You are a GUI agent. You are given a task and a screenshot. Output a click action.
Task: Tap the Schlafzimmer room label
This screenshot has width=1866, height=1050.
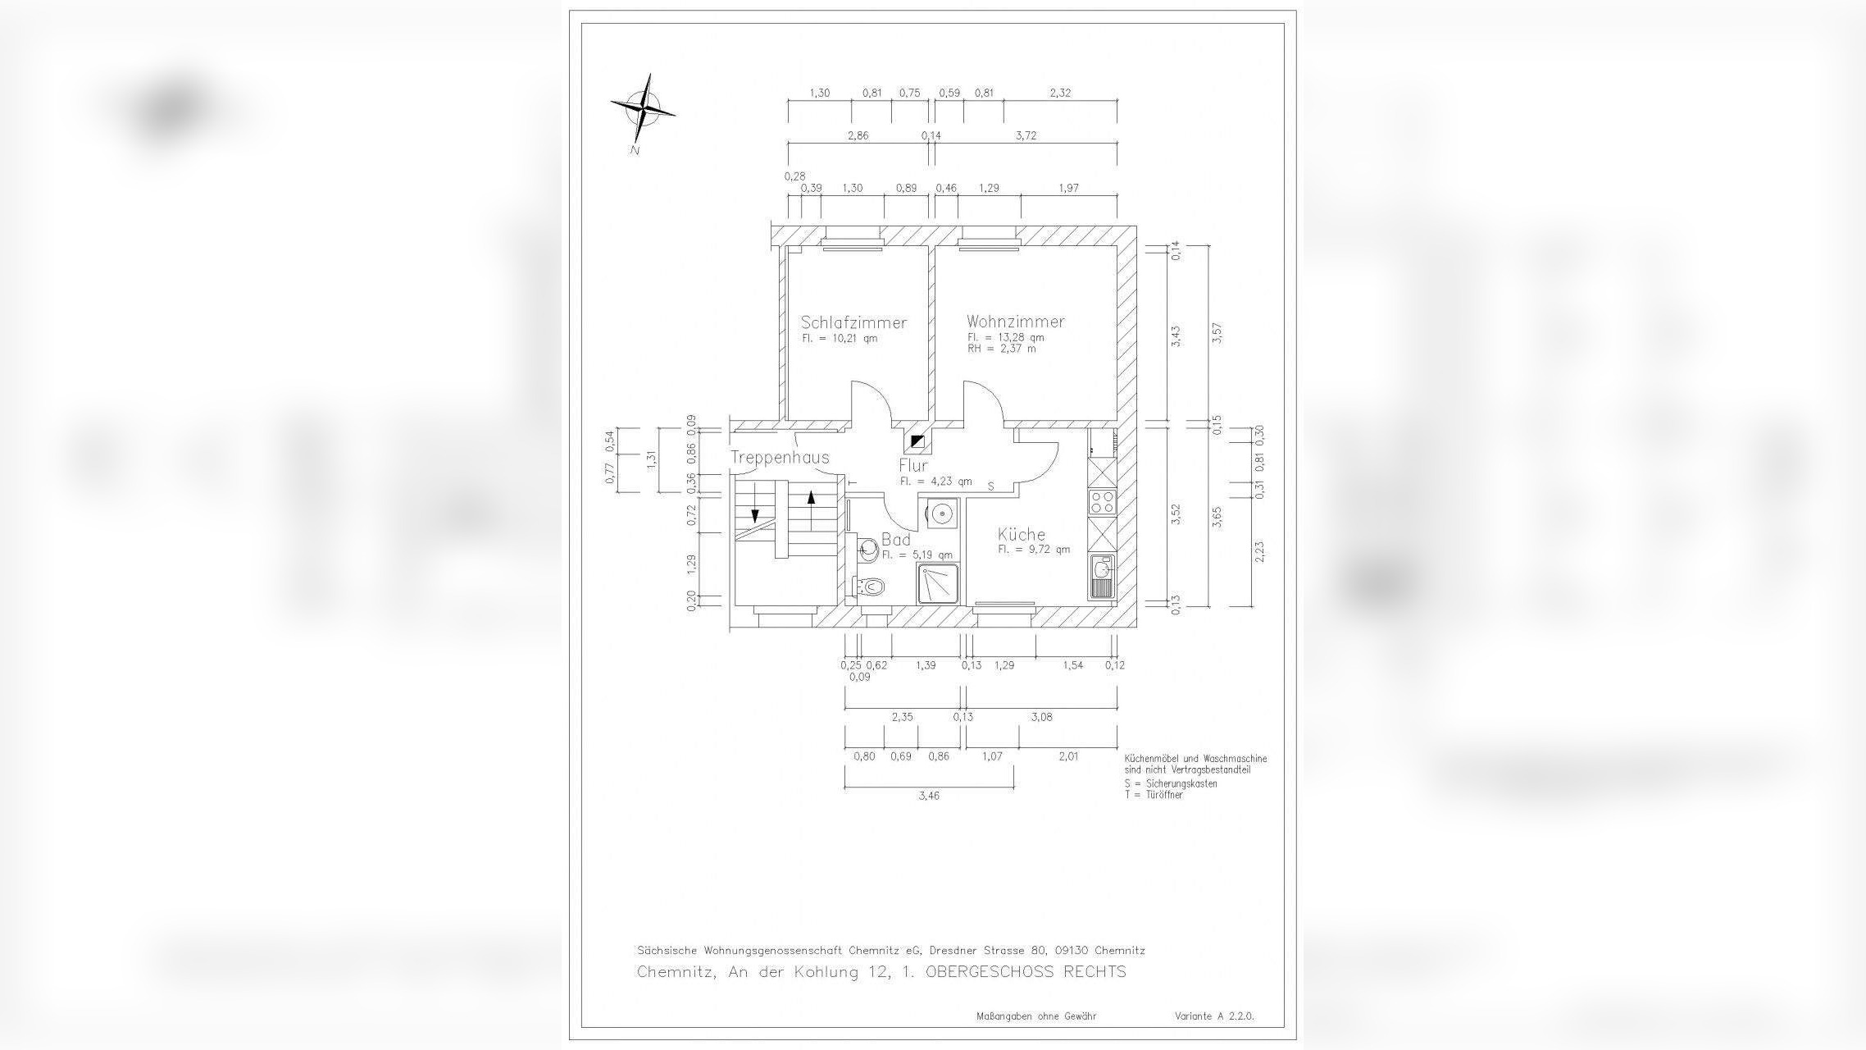tap(853, 322)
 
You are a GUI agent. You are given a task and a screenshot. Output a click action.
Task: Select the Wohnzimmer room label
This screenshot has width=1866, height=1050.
tap(1015, 322)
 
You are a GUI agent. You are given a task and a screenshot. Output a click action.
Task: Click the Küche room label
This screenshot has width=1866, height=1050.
tap(1022, 535)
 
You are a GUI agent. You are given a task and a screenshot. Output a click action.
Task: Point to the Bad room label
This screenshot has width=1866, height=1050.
tap(895, 540)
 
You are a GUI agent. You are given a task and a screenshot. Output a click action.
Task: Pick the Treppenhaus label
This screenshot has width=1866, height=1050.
tap(780, 458)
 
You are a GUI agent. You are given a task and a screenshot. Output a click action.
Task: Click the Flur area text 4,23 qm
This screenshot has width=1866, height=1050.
tap(935, 482)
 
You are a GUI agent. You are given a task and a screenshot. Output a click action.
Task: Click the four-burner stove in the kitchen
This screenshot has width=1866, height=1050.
tap(1102, 502)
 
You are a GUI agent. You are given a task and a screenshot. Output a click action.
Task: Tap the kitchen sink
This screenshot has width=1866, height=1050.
tap(1101, 568)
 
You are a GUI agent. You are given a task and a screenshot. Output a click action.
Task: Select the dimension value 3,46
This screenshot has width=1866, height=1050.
tap(929, 796)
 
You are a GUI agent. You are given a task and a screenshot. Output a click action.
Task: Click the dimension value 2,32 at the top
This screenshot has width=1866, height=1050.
tap(1060, 93)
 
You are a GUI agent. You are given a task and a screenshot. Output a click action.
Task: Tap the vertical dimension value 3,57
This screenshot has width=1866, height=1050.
tap(1217, 334)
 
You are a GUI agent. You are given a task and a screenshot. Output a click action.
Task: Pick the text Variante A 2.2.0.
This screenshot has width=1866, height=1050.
tap(1214, 1016)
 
